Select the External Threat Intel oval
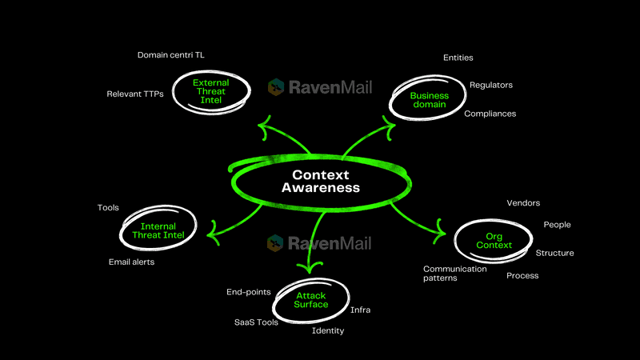211,93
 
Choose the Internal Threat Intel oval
157,230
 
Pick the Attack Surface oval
311,300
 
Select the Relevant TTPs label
135,94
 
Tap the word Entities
458,58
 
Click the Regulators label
491,85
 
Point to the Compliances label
490,114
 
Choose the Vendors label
523,203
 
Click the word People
557,225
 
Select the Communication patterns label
455,274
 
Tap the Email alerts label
132,262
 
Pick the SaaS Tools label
256,322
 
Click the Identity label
328,330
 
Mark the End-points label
249,292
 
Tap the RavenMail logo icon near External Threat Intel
276,86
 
